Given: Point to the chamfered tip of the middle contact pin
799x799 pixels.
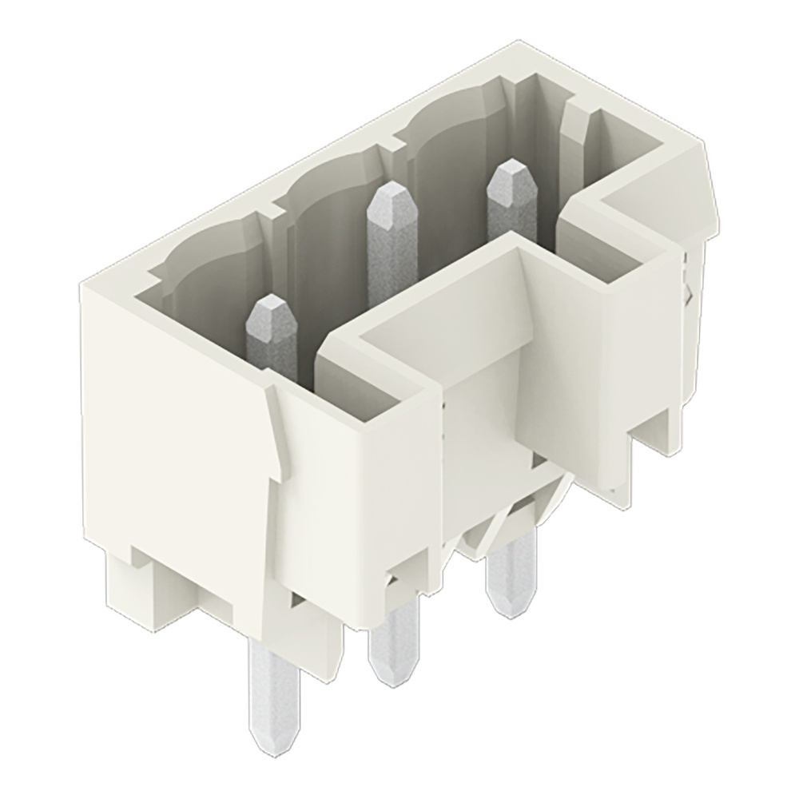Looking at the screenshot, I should point(388,194).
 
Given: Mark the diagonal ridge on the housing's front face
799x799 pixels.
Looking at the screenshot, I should point(276,431).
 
